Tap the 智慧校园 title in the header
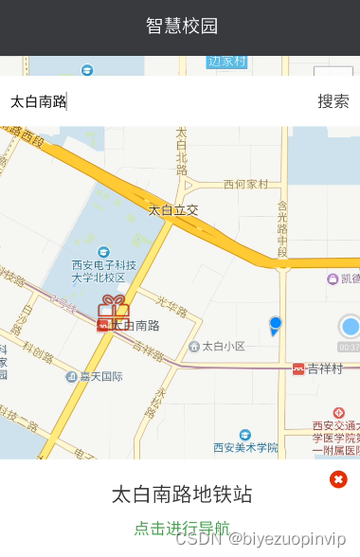(x=182, y=26)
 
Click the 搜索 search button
(x=333, y=101)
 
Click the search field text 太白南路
(x=38, y=101)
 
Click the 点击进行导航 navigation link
(x=182, y=528)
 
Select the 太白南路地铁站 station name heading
(x=182, y=494)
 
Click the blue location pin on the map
(x=275, y=325)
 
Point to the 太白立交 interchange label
(x=173, y=208)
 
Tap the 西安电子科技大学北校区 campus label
(x=99, y=271)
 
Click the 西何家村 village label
(x=246, y=185)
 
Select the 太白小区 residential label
(x=224, y=347)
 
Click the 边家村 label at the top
(x=226, y=62)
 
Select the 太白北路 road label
(x=181, y=149)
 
